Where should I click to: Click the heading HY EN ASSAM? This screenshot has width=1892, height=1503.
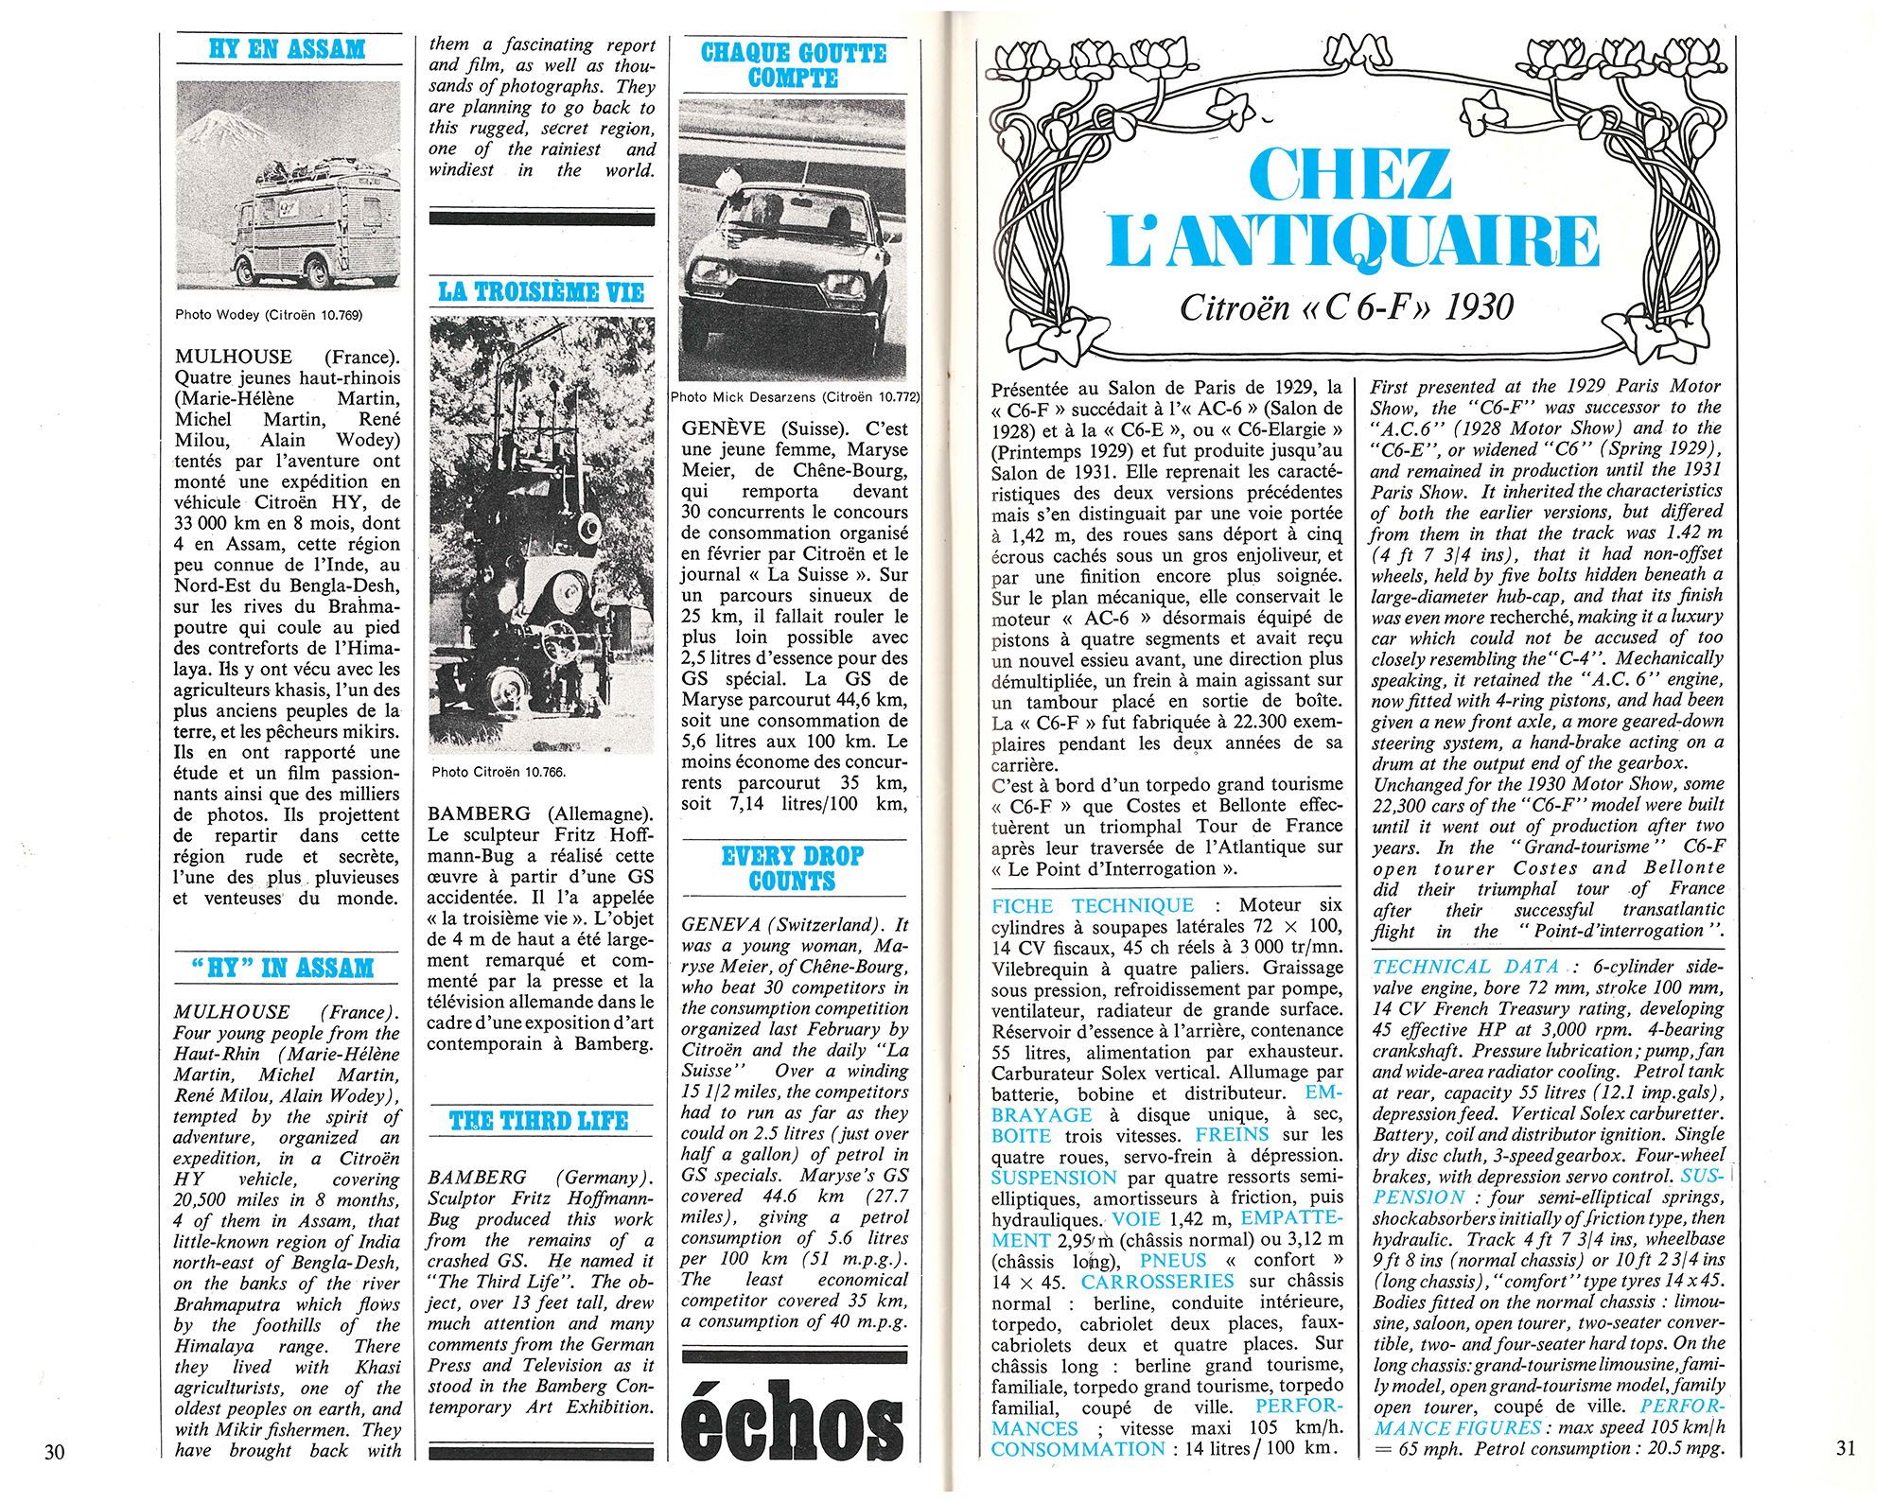pos(287,49)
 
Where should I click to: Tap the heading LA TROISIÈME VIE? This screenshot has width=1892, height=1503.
pos(540,292)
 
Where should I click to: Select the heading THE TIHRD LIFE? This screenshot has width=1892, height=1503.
pos(538,1122)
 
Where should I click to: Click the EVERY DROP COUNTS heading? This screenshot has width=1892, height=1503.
pos(793,868)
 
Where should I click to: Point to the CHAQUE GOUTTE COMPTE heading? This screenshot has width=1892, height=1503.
pos(793,65)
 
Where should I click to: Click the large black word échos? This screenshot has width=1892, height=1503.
pos(793,1422)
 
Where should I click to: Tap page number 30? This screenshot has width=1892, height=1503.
pos(55,1451)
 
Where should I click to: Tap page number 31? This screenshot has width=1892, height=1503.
pos(1846,1448)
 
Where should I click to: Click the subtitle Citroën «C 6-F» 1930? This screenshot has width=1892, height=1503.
pos(1347,307)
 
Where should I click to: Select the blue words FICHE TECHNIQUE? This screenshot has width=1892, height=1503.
pos(1092,906)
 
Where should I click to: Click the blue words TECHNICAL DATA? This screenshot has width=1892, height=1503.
pos(1465,967)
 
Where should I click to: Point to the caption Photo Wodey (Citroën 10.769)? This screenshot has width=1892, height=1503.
pos(269,315)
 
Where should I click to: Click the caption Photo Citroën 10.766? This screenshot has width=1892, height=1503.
pos(499,773)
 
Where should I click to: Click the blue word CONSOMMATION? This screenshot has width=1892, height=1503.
pos(1077,1449)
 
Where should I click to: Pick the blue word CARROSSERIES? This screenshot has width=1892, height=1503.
pos(1157,1282)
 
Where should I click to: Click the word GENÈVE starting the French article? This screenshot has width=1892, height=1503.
pos(723,428)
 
